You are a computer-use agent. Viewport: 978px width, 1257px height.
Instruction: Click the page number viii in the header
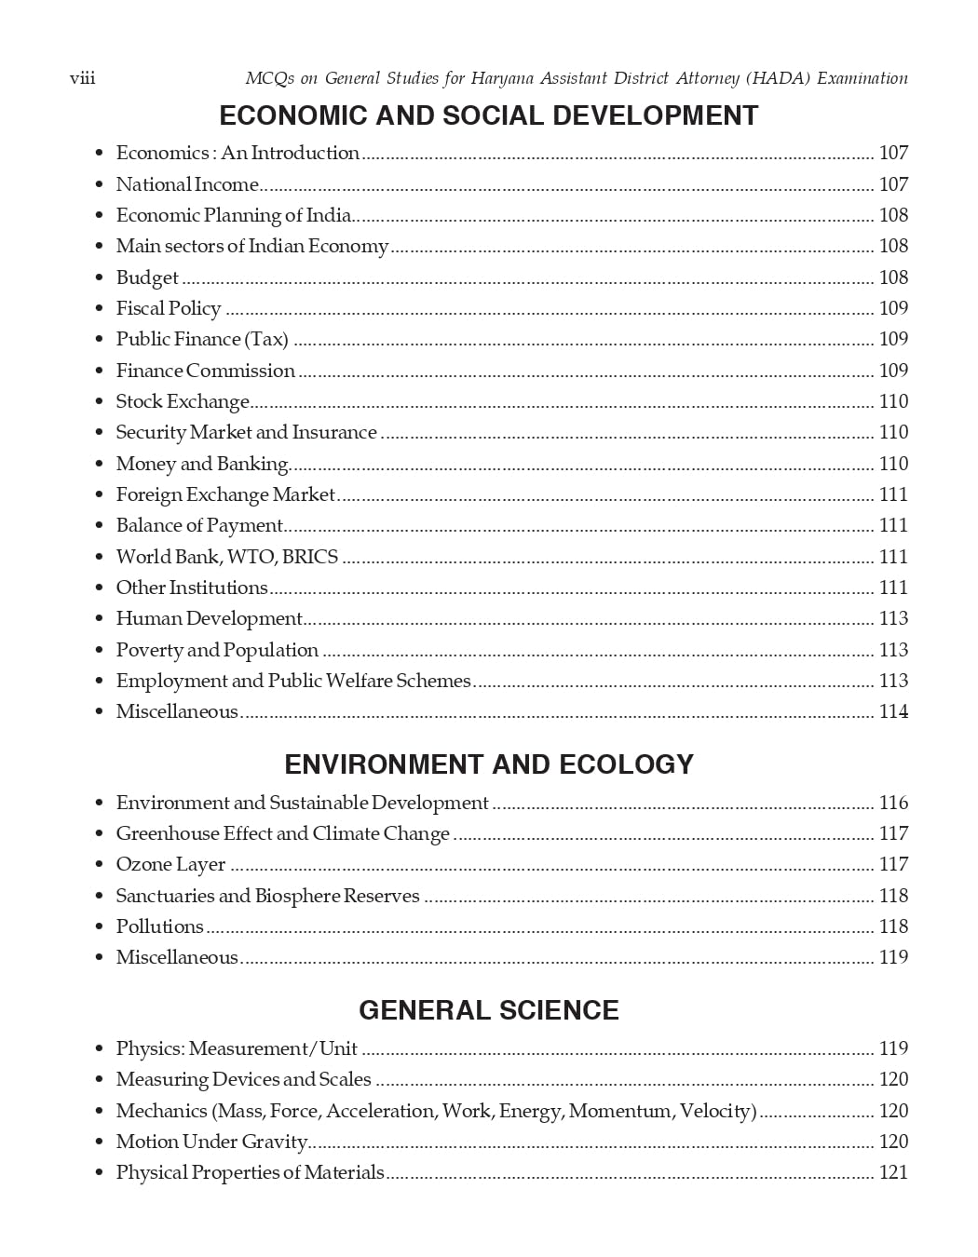82,78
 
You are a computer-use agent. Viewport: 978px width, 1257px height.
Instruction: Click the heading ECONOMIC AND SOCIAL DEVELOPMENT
488,115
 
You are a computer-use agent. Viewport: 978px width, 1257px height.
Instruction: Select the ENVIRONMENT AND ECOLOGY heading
488,764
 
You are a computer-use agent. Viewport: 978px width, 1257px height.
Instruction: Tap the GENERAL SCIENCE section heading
488,1010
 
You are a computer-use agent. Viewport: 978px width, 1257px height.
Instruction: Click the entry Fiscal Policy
168,308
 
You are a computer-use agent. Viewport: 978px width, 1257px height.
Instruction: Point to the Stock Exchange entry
183,401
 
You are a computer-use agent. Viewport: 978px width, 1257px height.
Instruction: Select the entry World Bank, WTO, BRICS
226,557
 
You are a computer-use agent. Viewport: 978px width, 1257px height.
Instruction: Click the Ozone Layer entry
170,864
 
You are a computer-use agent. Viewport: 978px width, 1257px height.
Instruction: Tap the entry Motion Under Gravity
211,1142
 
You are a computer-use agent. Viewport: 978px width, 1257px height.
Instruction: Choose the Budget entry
147,277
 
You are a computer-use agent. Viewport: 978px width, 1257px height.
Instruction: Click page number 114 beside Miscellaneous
893,711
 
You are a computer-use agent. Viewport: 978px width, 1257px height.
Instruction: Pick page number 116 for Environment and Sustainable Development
893,803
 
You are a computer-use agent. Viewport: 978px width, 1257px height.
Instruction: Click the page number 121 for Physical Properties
893,1172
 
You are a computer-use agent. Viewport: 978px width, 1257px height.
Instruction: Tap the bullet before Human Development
99,619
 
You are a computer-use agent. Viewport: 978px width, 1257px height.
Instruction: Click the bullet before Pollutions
99,927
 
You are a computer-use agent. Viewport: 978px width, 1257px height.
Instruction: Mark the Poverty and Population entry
217,650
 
